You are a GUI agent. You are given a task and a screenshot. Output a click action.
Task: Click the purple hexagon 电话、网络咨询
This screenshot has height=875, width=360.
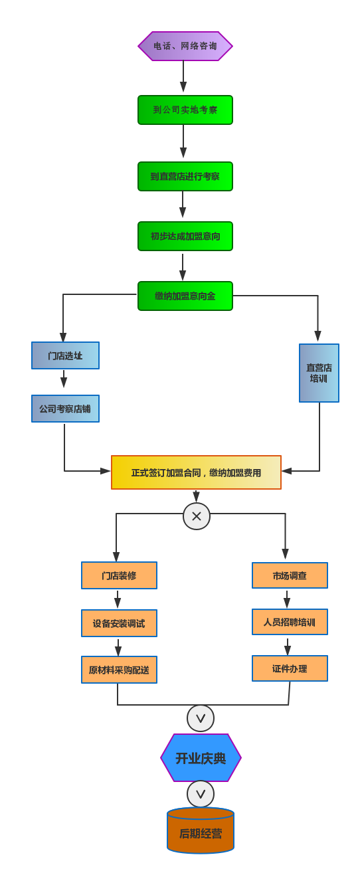tap(185, 47)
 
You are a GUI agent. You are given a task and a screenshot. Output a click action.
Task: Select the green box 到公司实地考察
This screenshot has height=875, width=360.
tap(185, 110)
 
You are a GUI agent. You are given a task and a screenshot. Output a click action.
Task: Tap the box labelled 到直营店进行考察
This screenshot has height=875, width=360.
tap(185, 177)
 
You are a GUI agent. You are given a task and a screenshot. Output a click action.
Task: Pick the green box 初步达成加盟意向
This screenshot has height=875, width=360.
tap(185, 237)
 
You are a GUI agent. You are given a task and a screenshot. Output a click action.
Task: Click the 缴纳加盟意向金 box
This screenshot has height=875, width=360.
tap(185, 296)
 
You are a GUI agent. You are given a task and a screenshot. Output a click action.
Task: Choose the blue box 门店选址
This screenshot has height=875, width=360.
tap(65, 355)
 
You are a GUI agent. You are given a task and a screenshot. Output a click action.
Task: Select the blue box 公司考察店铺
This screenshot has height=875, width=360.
tap(65, 409)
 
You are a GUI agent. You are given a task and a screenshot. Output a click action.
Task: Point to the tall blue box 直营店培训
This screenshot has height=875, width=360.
tap(319, 373)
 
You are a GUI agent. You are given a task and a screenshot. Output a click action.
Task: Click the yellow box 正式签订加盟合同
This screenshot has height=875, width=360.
tap(196, 472)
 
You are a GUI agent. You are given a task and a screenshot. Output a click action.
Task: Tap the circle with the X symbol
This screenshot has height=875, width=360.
tap(197, 516)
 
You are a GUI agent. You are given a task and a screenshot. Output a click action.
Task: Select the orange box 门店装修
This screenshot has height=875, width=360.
tap(119, 575)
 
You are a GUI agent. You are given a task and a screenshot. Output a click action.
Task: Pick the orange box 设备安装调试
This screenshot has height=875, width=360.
tap(119, 623)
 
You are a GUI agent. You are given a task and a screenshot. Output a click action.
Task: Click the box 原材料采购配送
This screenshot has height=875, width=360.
tap(119, 670)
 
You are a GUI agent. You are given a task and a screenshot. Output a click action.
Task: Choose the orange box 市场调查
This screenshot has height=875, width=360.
tap(290, 575)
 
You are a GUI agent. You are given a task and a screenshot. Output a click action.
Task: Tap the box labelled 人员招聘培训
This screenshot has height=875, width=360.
tap(290, 622)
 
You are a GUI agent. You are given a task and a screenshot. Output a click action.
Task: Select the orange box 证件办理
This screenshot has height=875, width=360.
tap(290, 668)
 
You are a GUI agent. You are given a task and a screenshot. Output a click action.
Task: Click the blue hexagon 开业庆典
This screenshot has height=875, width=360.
tap(201, 758)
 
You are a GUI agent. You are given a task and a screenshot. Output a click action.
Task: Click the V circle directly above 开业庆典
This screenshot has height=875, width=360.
tap(201, 718)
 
